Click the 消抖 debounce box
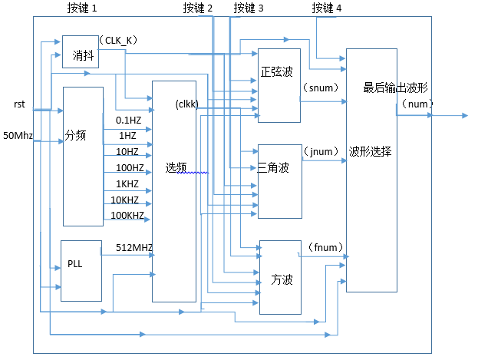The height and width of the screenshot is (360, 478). click(81, 52)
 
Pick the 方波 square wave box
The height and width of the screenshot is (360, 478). click(279, 277)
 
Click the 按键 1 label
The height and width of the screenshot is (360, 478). click(82, 8)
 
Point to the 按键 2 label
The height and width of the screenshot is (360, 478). click(198, 8)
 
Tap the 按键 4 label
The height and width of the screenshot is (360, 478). click(328, 8)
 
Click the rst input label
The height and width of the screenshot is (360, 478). click(19, 104)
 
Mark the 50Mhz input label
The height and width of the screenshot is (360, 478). click(18, 136)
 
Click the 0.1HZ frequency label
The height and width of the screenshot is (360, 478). click(128, 121)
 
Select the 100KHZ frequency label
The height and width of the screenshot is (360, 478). click(127, 216)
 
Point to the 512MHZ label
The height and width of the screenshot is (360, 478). click(134, 247)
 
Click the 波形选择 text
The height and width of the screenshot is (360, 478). click(371, 152)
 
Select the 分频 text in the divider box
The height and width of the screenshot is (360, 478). click(75, 135)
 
